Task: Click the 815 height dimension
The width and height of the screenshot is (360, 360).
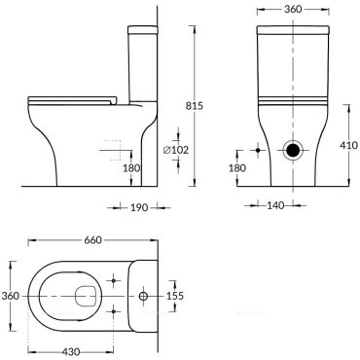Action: [x=195, y=106]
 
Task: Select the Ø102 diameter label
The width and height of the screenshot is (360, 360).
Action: [x=176, y=150]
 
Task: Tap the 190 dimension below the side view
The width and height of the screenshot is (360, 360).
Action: [x=139, y=207]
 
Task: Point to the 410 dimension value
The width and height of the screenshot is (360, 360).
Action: [x=349, y=145]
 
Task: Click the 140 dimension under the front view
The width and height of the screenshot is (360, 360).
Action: [x=275, y=205]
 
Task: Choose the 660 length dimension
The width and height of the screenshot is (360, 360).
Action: [x=93, y=240]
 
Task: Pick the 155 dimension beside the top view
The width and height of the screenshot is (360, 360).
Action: [x=175, y=296]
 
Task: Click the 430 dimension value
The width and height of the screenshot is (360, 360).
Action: [x=71, y=351]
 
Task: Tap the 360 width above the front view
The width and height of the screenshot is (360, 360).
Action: [x=293, y=10]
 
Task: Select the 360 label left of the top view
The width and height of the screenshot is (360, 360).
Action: [x=11, y=296]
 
